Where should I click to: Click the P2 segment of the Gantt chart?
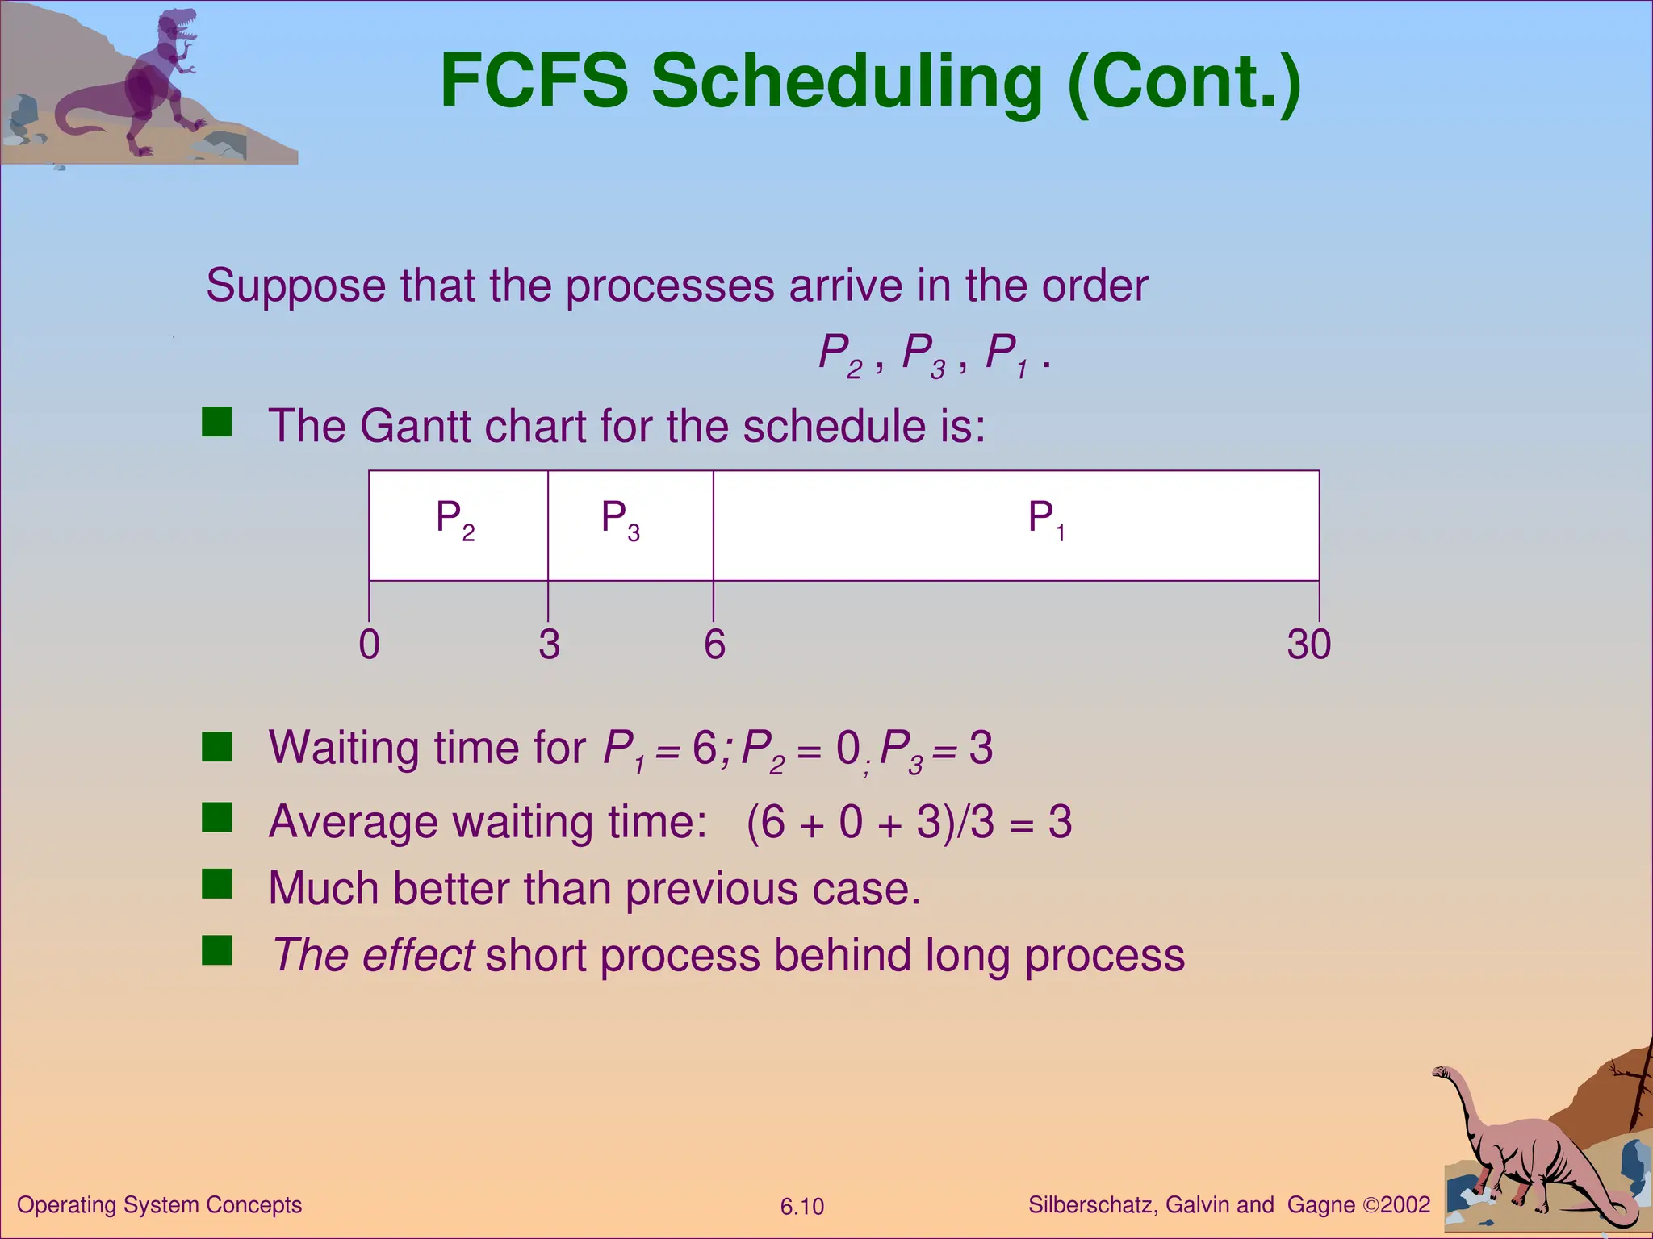(x=458, y=524)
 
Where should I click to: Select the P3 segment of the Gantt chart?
(x=630, y=524)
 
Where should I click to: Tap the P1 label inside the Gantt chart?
(x=1046, y=519)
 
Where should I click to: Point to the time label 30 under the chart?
(x=1308, y=645)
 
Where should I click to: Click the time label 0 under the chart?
(x=369, y=645)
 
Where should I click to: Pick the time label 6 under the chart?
(x=714, y=645)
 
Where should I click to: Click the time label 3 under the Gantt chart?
(x=549, y=645)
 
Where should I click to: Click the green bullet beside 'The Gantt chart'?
(x=216, y=421)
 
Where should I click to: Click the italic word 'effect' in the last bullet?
(x=417, y=955)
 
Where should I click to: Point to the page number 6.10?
(x=801, y=1207)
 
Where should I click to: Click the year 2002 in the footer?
(x=1405, y=1205)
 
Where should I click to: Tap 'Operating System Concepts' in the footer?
(x=159, y=1205)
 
